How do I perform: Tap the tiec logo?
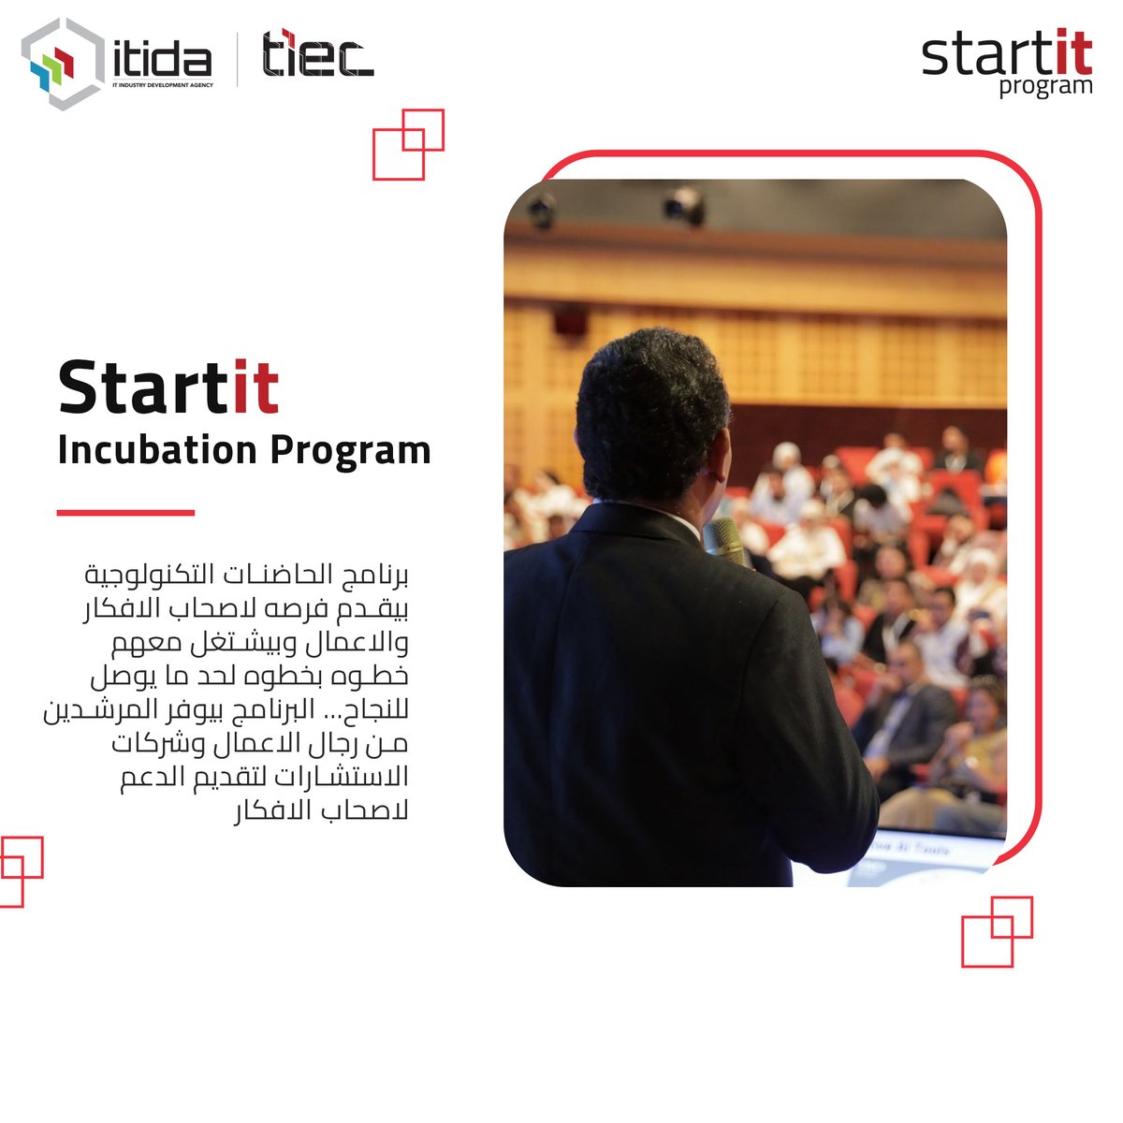(x=317, y=55)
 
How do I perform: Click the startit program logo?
(x=1006, y=64)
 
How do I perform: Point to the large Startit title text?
(x=168, y=386)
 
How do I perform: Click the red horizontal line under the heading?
(x=125, y=513)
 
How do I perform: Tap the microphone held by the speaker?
(x=723, y=540)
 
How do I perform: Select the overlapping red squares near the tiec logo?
(x=408, y=144)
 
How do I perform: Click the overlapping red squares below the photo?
(x=997, y=931)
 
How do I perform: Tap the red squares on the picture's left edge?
(x=19, y=870)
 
